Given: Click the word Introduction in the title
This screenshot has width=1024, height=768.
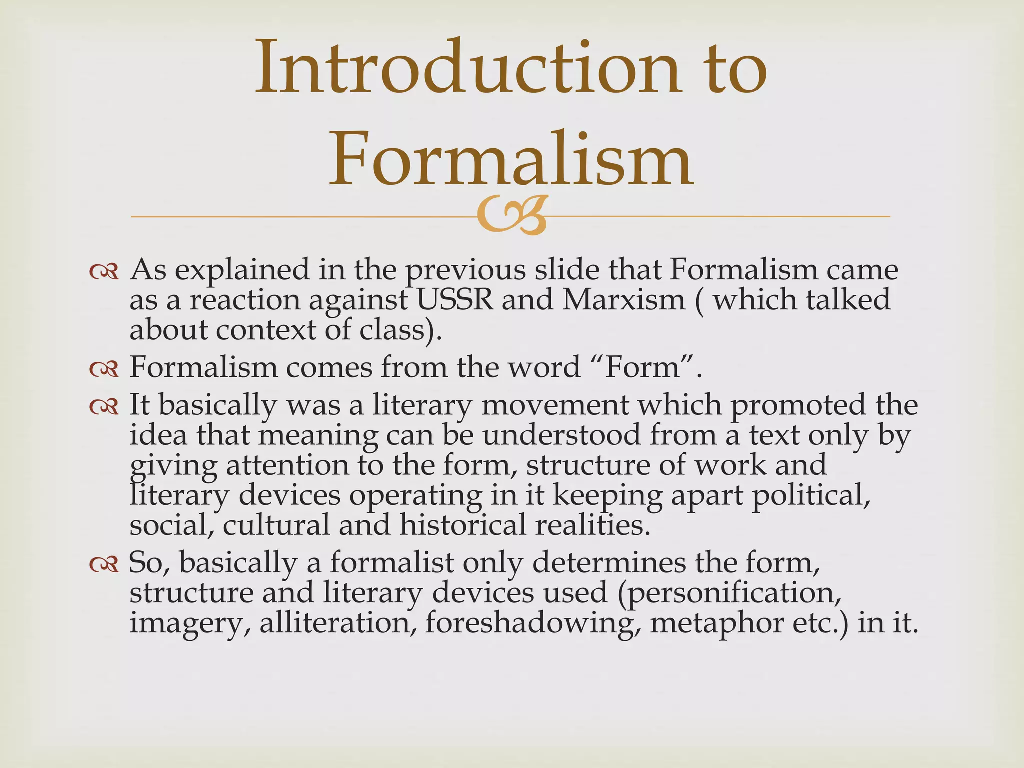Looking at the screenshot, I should [x=467, y=68].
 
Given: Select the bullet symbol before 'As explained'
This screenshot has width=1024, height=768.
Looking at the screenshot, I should [x=104, y=271].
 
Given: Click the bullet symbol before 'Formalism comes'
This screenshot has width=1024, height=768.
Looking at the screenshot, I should [x=104, y=369].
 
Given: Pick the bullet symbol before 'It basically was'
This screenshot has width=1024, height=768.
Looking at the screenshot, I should [x=104, y=406].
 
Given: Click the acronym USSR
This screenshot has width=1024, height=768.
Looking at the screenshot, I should [x=454, y=300].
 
